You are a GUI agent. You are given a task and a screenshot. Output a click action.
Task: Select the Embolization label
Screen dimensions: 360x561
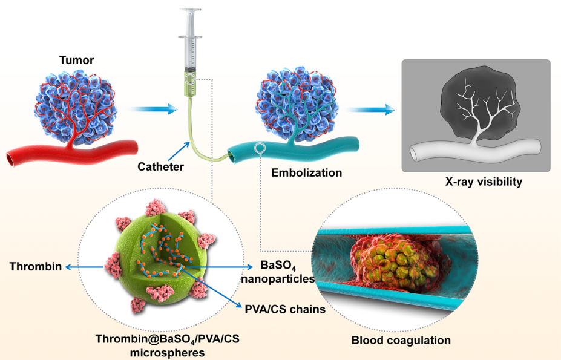point(306,172)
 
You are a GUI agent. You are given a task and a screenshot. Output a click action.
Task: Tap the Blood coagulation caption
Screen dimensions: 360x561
point(401,340)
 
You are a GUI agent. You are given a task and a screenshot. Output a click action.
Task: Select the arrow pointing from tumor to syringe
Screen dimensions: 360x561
point(154,110)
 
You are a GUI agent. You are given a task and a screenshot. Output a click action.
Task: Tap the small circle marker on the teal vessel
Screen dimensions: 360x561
point(260,148)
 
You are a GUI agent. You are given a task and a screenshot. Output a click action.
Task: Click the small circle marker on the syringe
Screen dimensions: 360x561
point(191,79)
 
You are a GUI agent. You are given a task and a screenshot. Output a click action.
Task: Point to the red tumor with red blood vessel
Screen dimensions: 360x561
point(75,109)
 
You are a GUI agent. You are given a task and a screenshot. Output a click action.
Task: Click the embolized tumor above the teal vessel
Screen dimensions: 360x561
point(291,103)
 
